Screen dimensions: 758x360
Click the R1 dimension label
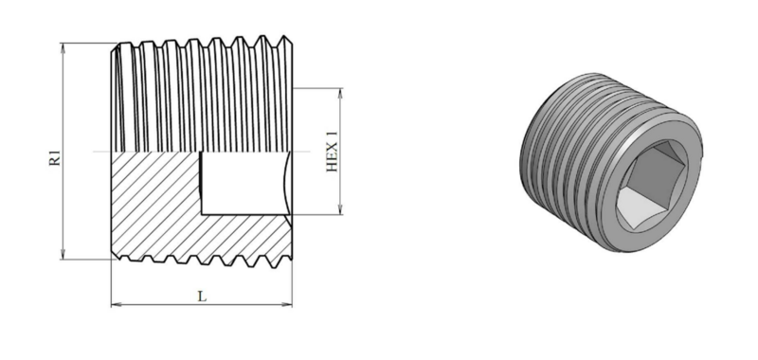[x=56, y=158]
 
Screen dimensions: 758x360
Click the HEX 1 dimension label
[x=333, y=152]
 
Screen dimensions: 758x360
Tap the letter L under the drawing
[x=202, y=297]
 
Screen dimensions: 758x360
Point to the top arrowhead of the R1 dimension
[x=63, y=47]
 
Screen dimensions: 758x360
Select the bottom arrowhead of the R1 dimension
[x=63, y=254]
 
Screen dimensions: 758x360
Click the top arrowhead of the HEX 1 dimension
[x=341, y=93]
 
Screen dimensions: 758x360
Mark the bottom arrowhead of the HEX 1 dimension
[x=341, y=208]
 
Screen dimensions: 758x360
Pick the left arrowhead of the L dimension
[x=117, y=304]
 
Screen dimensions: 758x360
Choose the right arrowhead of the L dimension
[x=287, y=304]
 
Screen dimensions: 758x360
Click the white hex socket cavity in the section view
[x=244, y=183]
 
